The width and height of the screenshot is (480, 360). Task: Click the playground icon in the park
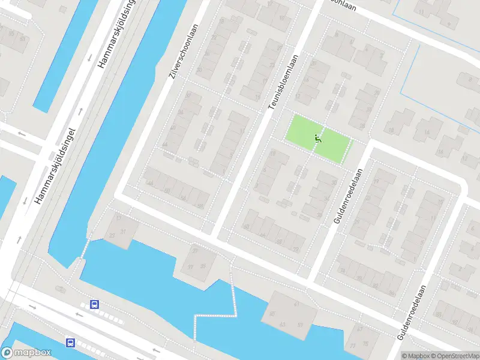pyautogui.click(x=317, y=139)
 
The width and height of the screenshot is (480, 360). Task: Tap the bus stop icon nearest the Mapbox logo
pyautogui.click(x=71, y=343)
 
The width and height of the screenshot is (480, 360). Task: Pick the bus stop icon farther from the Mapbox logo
pyautogui.click(x=95, y=304)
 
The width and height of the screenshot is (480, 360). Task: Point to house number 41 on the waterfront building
pyautogui.click(x=296, y=305)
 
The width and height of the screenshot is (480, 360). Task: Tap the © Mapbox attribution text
pyautogui.click(x=415, y=356)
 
